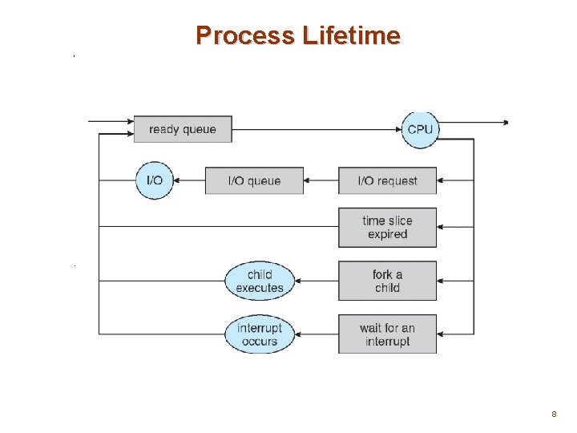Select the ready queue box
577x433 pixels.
(183, 129)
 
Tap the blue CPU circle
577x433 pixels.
(420, 129)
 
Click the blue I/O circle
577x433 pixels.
(155, 180)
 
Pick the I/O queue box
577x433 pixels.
(254, 180)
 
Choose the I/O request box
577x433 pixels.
(388, 180)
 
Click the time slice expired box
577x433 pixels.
(388, 228)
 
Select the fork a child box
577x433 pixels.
(388, 281)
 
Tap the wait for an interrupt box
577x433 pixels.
(388, 334)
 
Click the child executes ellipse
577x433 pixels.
(260, 281)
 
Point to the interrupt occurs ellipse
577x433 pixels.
(260, 334)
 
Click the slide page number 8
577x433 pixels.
(553, 414)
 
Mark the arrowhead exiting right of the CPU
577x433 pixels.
(504, 123)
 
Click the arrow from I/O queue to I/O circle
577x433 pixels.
(190, 180)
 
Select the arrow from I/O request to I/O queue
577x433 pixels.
(321, 180)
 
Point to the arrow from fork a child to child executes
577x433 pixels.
(317, 281)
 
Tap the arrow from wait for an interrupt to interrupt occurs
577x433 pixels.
(317, 334)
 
